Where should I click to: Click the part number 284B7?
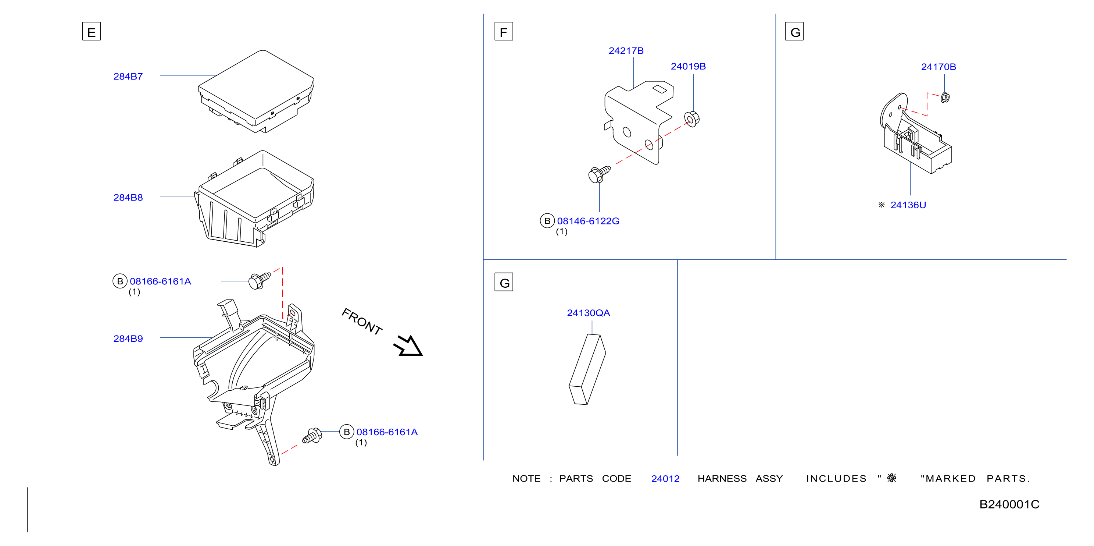click(x=128, y=77)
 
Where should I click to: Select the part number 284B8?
click(x=128, y=198)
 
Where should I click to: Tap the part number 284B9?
click(x=128, y=338)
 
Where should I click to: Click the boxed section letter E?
click(x=91, y=31)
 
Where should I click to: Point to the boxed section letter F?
click(x=504, y=31)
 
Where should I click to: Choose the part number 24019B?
click(x=688, y=67)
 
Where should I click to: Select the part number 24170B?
click(x=939, y=67)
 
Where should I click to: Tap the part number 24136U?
click(x=908, y=205)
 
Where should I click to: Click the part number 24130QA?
click(x=588, y=313)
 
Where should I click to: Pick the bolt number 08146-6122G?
click(x=588, y=221)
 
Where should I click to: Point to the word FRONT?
click(x=362, y=322)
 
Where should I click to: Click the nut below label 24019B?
click(x=691, y=119)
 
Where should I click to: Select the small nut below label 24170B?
click(x=945, y=97)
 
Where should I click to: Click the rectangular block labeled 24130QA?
click(x=587, y=369)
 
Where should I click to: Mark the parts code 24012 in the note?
click(x=665, y=479)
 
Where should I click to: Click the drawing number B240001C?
click(x=1009, y=504)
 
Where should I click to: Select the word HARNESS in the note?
click(x=722, y=479)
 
